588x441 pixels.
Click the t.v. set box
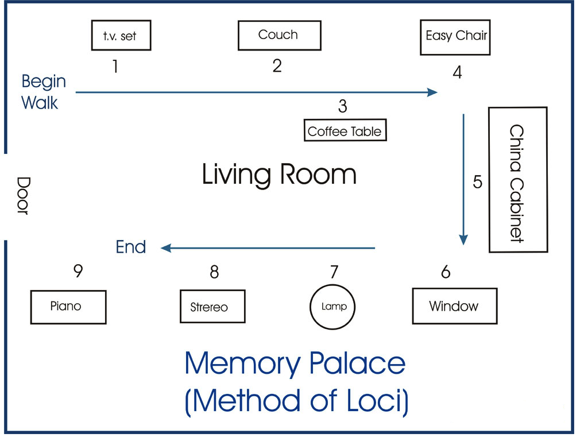(x=121, y=35)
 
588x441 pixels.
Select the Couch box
(x=279, y=35)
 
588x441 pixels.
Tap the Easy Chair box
(x=456, y=37)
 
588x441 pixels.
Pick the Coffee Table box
(x=345, y=131)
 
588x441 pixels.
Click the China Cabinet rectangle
(x=517, y=180)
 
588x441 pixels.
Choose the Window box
(x=454, y=306)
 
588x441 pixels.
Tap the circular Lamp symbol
(x=333, y=307)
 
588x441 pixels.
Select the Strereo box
(x=212, y=307)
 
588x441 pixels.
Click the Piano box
(x=68, y=307)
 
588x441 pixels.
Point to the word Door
(x=22, y=196)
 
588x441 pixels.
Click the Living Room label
(x=279, y=174)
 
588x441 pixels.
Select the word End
(x=131, y=247)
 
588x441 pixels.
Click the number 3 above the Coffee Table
(x=342, y=106)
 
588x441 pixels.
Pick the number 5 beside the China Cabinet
(x=478, y=181)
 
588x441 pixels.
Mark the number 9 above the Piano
(x=78, y=271)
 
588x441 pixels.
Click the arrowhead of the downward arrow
(x=464, y=240)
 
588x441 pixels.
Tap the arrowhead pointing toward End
(x=167, y=248)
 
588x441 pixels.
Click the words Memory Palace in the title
(x=295, y=363)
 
